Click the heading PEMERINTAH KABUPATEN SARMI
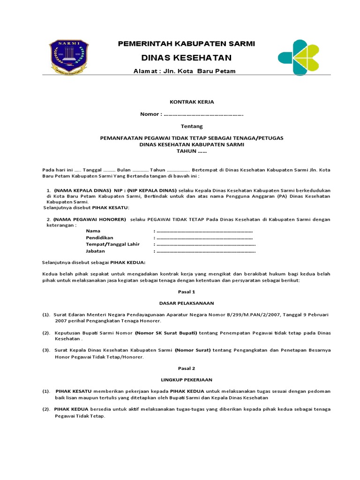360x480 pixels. [187, 44]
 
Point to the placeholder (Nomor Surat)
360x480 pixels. [193, 350]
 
